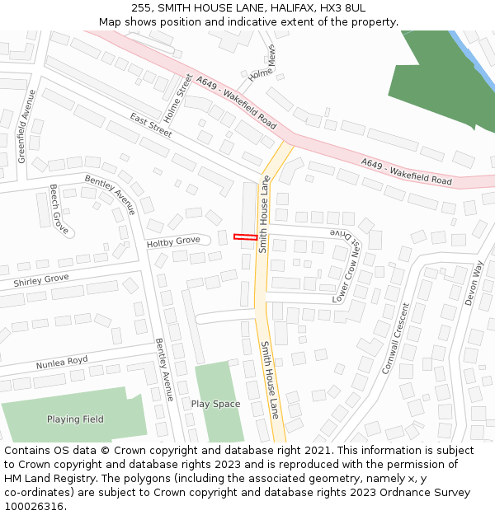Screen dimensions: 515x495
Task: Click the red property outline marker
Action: [244, 237]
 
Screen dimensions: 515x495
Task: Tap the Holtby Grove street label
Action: [173, 241]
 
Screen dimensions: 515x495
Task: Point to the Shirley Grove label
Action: [40, 280]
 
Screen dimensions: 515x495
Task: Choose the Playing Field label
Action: [75, 419]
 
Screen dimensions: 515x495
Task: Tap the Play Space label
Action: [215, 404]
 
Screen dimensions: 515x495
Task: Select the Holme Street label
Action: [178, 95]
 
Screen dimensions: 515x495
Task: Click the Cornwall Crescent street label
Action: [394, 339]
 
